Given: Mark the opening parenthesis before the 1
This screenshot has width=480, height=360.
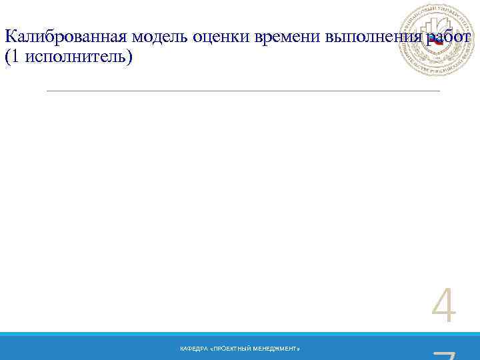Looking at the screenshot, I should point(7,57).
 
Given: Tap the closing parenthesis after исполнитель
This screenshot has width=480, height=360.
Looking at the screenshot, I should point(131,57).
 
